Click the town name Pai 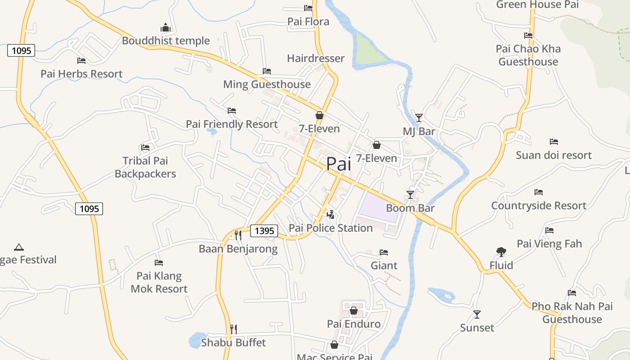click(x=338, y=164)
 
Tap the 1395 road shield click(x=264, y=231)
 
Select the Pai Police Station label click(x=331, y=228)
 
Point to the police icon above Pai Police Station click(x=331, y=215)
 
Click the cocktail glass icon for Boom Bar click(x=410, y=194)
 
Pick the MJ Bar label click(x=419, y=131)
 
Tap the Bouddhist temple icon click(x=166, y=28)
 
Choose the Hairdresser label click(x=316, y=58)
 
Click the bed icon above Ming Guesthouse click(x=267, y=71)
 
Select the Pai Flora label click(x=308, y=21)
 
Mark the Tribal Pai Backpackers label click(x=145, y=167)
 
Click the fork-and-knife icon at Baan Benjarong click(x=238, y=235)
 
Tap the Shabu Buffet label click(x=234, y=342)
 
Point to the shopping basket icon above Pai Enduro click(x=354, y=310)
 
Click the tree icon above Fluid click(x=501, y=252)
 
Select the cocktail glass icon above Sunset click(x=477, y=314)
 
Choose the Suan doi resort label click(x=553, y=155)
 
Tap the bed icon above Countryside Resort click(x=539, y=192)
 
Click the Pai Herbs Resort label click(x=81, y=74)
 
